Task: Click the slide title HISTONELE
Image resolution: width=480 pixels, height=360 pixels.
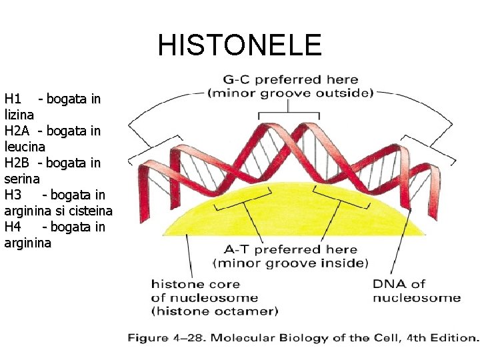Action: (239, 45)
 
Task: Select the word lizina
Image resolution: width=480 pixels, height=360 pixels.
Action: (19, 115)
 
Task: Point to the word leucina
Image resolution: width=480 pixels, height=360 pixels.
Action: (25, 147)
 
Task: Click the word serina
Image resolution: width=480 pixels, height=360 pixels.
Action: (22, 179)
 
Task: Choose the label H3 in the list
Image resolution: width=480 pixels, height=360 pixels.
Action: (13, 195)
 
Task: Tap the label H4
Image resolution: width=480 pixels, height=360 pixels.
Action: (13, 227)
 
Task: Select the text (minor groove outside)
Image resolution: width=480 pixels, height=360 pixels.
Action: (291, 93)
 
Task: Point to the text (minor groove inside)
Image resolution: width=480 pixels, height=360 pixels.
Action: (291, 263)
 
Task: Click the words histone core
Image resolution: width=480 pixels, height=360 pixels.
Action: (195, 284)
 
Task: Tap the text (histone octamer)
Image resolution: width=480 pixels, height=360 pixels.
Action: (215, 311)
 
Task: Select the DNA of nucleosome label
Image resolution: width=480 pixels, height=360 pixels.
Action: (416, 291)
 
